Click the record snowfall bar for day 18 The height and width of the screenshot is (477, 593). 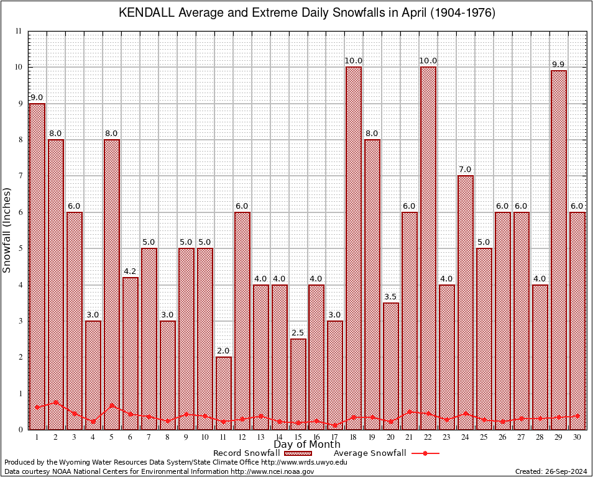[354, 248]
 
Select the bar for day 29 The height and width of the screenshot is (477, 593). [559, 248]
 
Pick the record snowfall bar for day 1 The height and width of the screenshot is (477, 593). [37, 261]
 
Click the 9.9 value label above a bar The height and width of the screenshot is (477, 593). [558, 65]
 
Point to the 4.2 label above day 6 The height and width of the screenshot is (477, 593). [130, 271]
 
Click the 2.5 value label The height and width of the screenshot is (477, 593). [298, 333]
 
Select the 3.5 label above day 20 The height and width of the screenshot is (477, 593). [391, 297]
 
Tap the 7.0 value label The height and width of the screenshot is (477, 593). [466, 170]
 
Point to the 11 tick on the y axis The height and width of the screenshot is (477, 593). [19, 31]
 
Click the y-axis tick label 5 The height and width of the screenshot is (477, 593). [21, 248]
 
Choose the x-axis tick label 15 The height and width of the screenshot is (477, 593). [298, 437]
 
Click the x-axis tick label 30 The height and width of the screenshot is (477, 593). [577, 437]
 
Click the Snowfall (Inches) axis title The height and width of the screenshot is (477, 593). [7, 230]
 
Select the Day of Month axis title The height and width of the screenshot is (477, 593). [306, 445]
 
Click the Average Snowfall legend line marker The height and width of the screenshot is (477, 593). [425, 453]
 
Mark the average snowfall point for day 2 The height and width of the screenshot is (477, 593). [55, 402]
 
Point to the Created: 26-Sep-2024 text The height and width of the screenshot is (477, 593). [551, 471]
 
